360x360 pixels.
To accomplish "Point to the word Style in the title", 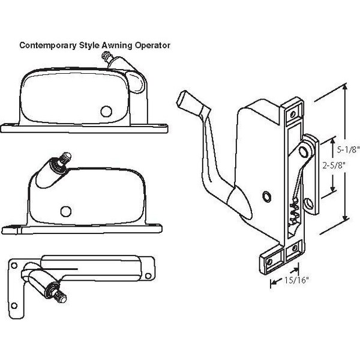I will pyautogui.click(x=86, y=45).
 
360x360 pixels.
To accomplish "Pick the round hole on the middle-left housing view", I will pyautogui.click(x=65, y=209).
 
